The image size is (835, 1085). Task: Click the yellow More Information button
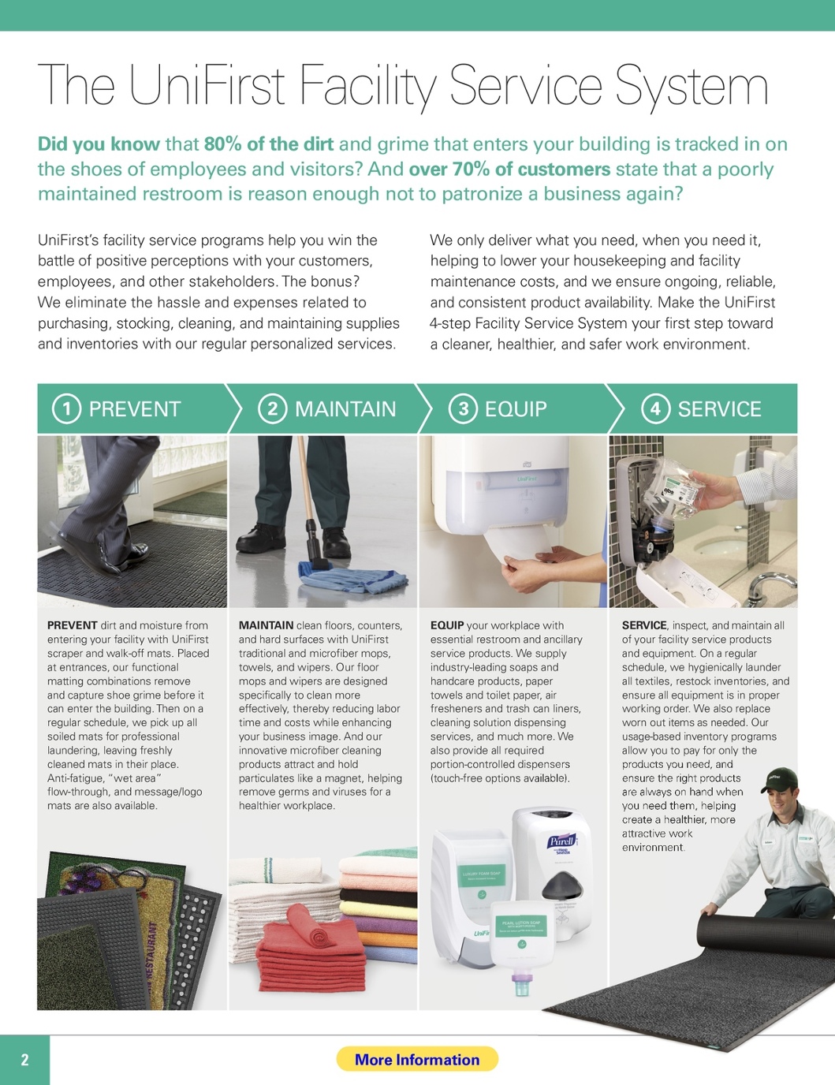(x=417, y=1059)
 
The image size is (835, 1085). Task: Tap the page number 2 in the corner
(x=25, y=1060)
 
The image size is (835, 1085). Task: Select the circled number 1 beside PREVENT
(x=66, y=409)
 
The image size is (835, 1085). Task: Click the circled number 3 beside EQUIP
(x=463, y=409)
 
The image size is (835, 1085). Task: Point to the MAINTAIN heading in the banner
(x=345, y=409)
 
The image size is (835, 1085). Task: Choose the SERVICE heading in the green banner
(x=719, y=409)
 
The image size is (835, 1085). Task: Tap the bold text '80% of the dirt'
(x=269, y=144)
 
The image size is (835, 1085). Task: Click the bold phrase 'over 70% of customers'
(x=509, y=170)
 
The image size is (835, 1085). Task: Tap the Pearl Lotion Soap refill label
(x=521, y=927)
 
